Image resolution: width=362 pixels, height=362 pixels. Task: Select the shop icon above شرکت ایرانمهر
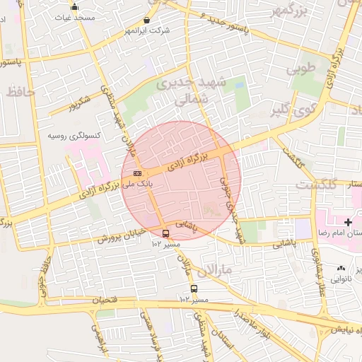(146, 21)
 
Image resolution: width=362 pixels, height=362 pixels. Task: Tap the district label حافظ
(23, 93)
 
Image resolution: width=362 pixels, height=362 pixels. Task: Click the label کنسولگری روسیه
(74, 134)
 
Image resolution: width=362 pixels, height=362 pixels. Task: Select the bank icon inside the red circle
(137, 173)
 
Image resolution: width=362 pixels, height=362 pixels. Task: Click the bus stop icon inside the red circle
(166, 233)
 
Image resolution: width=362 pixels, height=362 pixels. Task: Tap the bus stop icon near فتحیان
(194, 288)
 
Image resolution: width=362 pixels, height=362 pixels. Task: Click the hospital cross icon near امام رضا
(347, 222)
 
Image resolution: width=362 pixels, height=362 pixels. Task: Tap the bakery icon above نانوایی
(342, 269)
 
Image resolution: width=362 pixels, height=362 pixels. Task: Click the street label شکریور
(79, 104)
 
